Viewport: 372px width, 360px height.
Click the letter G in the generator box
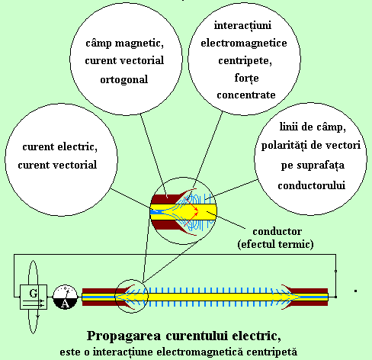point(34,293)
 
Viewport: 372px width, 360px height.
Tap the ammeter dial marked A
point(65,297)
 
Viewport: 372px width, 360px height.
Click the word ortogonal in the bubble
point(124,80)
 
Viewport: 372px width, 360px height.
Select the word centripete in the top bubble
point(245,61)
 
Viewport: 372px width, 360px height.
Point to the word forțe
point(246,78)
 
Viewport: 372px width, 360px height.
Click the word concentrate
point(246,95)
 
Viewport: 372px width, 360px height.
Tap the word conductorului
point(311,185)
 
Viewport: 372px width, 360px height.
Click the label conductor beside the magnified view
point(277,232)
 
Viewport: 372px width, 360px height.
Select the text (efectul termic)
point(275,244)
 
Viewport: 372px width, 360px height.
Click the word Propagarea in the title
point(124,336)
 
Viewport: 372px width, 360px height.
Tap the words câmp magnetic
point(124,43)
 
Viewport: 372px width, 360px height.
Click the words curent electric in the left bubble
point(60,147)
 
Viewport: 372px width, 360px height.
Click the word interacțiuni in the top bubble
point(242,25)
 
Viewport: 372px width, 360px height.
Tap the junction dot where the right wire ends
point(335,297)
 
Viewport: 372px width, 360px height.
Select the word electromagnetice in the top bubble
point(244,43)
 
